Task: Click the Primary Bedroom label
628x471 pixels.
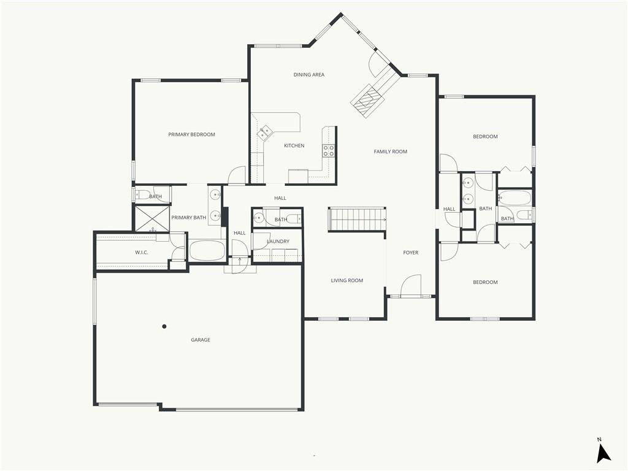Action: [191, 134]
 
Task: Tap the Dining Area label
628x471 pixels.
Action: [309, 74]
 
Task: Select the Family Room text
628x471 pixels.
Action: [391, 151]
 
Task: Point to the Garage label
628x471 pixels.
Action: [201, 340]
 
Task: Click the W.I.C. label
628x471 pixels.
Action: [142, 252]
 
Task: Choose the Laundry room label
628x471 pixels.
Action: [278, 242]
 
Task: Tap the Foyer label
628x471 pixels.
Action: [410, 252]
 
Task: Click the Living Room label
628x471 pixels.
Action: [347, 280]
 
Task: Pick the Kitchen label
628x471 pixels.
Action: [294, 145]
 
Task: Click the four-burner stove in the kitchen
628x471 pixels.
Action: [329, 151]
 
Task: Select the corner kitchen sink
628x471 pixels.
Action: [265, 132]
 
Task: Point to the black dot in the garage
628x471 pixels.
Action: [164, 326]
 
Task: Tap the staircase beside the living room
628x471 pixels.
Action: [357, 220]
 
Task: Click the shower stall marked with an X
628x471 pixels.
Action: [152, 219]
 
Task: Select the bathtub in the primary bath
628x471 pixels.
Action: [207, 250]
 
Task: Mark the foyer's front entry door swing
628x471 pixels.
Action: [411, 285]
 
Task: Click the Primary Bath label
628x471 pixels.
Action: [189, 218]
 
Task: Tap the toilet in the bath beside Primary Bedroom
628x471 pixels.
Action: [142, 196]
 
